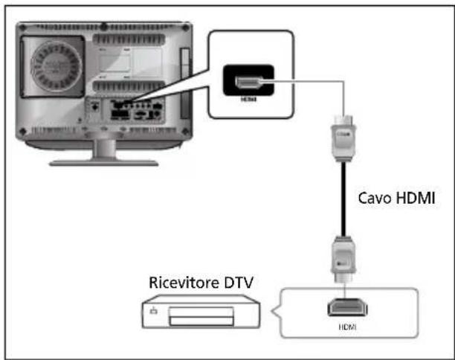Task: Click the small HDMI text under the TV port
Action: (248, 98)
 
